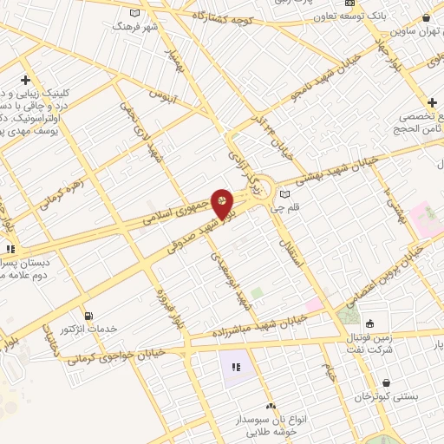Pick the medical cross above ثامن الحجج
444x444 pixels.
pos(432,102)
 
